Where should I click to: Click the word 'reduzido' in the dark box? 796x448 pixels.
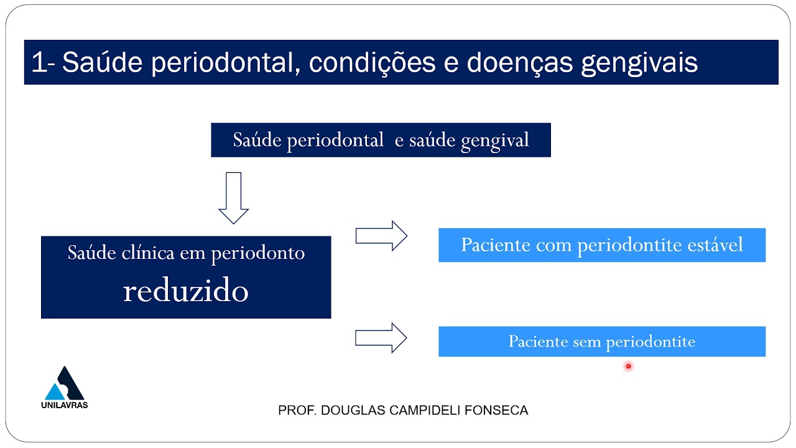[186, 291]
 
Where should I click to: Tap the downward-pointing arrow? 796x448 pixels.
[234, 198]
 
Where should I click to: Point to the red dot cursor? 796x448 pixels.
[628, 366]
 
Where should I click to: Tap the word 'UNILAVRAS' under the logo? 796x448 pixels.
[64, 405]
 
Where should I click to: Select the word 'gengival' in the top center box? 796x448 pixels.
[495, 140]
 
